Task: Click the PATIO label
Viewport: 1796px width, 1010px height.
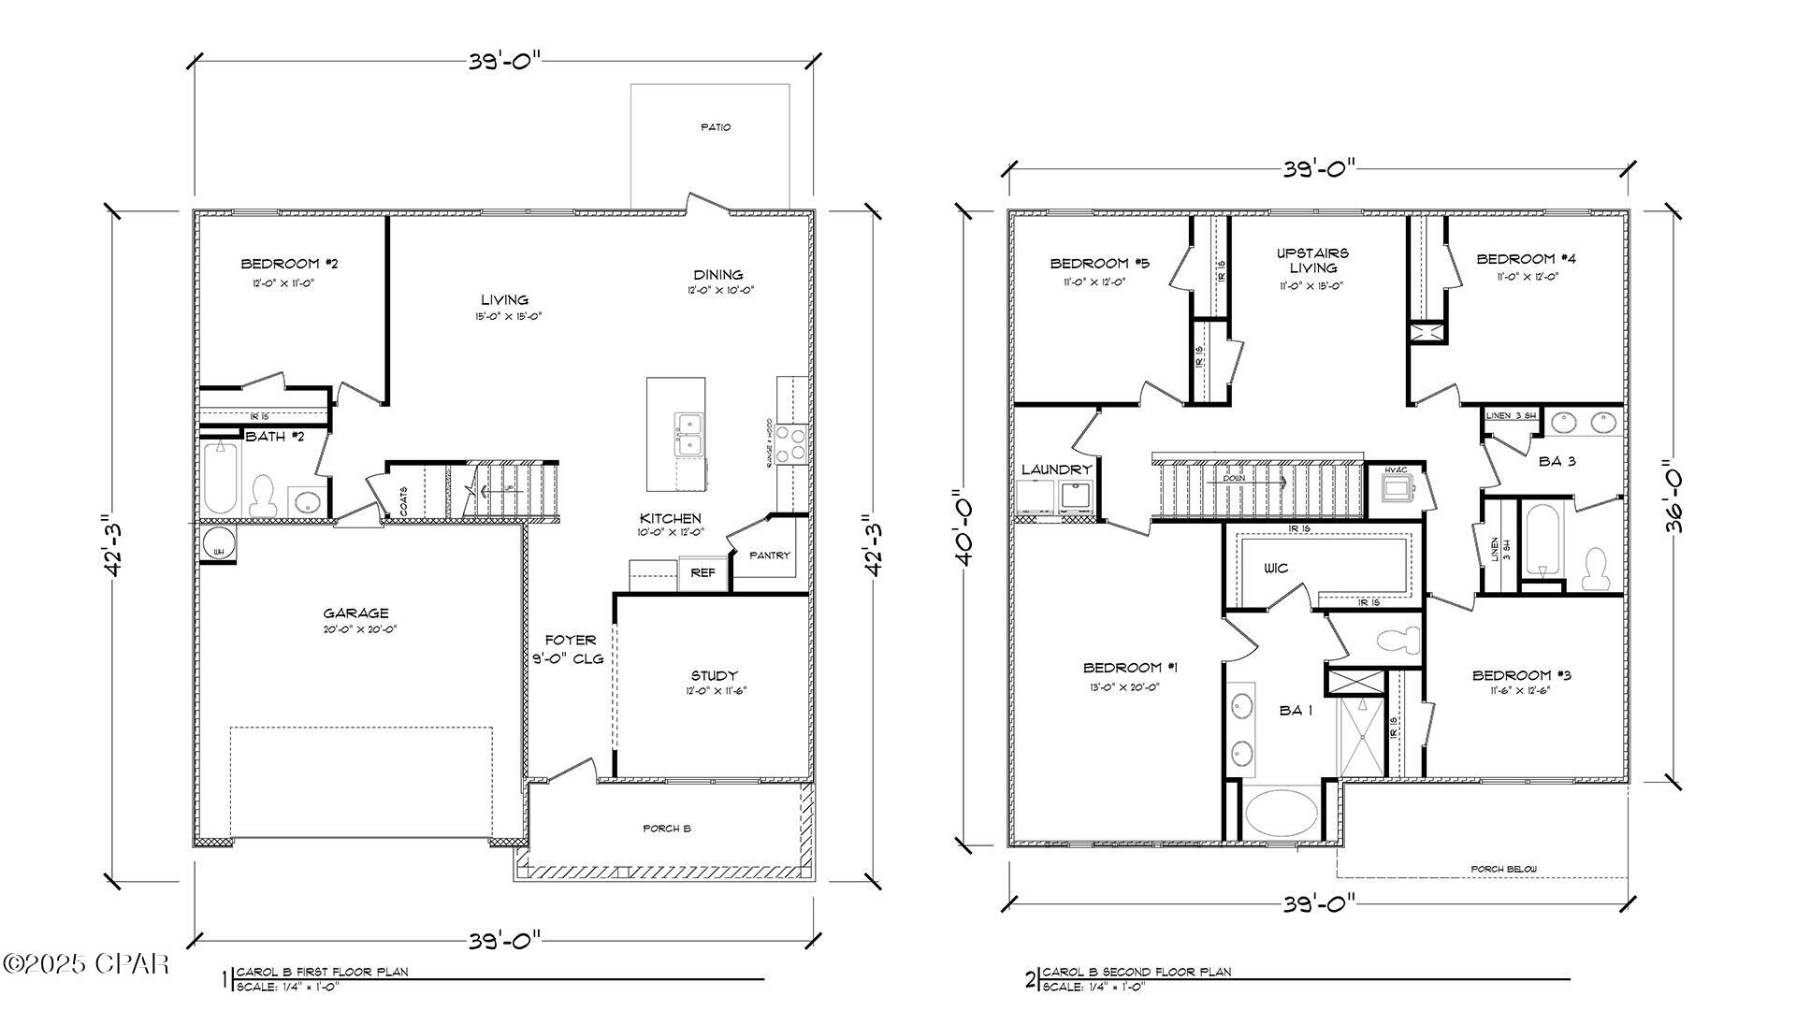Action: tap(716, 127)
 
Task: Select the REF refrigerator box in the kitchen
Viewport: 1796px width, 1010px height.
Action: tap(702, 572)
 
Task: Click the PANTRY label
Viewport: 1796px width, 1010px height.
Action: tap(770, 555)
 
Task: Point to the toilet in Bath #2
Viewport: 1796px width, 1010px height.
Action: tap(263, 496)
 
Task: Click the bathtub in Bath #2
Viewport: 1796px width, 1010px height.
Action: tap(221, 477)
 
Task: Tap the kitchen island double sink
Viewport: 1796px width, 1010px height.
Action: tap(689, 435)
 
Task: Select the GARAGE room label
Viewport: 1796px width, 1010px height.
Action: tap(355, 613)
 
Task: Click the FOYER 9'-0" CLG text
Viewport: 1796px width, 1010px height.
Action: tap(571, 649)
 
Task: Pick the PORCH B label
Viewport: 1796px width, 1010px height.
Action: tap(666, 829)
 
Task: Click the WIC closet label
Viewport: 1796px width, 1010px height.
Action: tap(1276, 568)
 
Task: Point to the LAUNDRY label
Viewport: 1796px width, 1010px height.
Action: tap(1056, 469)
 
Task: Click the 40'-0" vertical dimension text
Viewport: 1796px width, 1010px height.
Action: tap(966, 529)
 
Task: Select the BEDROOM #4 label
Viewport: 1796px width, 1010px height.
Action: tap(1526, 259)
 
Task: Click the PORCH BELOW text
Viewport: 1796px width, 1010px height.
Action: tap(1503, 870)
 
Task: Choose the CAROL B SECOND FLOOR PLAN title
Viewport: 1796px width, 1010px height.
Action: tap(1137, 972)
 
